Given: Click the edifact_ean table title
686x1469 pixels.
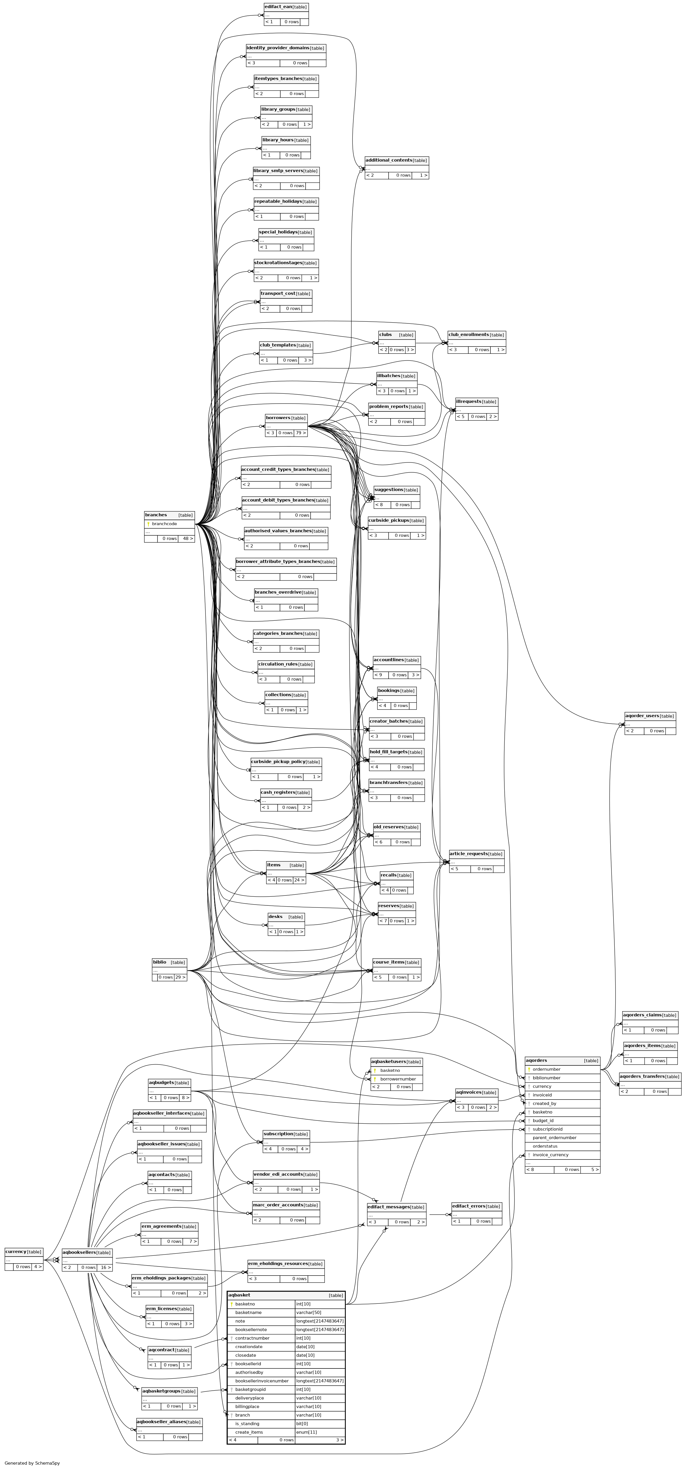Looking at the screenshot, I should click(x=278, y=7).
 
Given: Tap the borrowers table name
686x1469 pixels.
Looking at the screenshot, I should click(x=278, y=418).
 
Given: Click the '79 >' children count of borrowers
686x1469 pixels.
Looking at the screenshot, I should click(x=301, y=433).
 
